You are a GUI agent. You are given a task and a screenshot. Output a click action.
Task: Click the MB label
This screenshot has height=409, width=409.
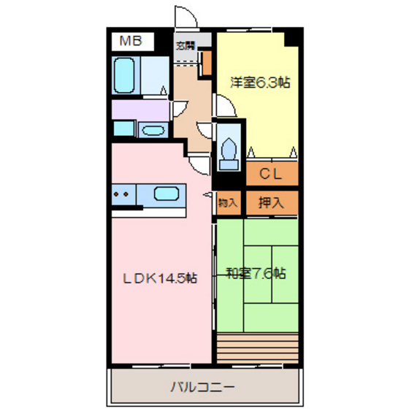[x=132, y=42]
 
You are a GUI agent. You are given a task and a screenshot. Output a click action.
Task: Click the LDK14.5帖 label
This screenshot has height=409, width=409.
[x=159, y=277]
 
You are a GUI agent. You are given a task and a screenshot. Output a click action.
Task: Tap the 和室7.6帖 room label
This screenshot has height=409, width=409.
[x=256, y=274]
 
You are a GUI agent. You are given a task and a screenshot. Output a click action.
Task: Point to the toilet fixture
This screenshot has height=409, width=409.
[x=229, y=145]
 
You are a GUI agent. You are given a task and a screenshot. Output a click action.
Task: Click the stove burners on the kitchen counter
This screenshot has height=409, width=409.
[x=122, y=195]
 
